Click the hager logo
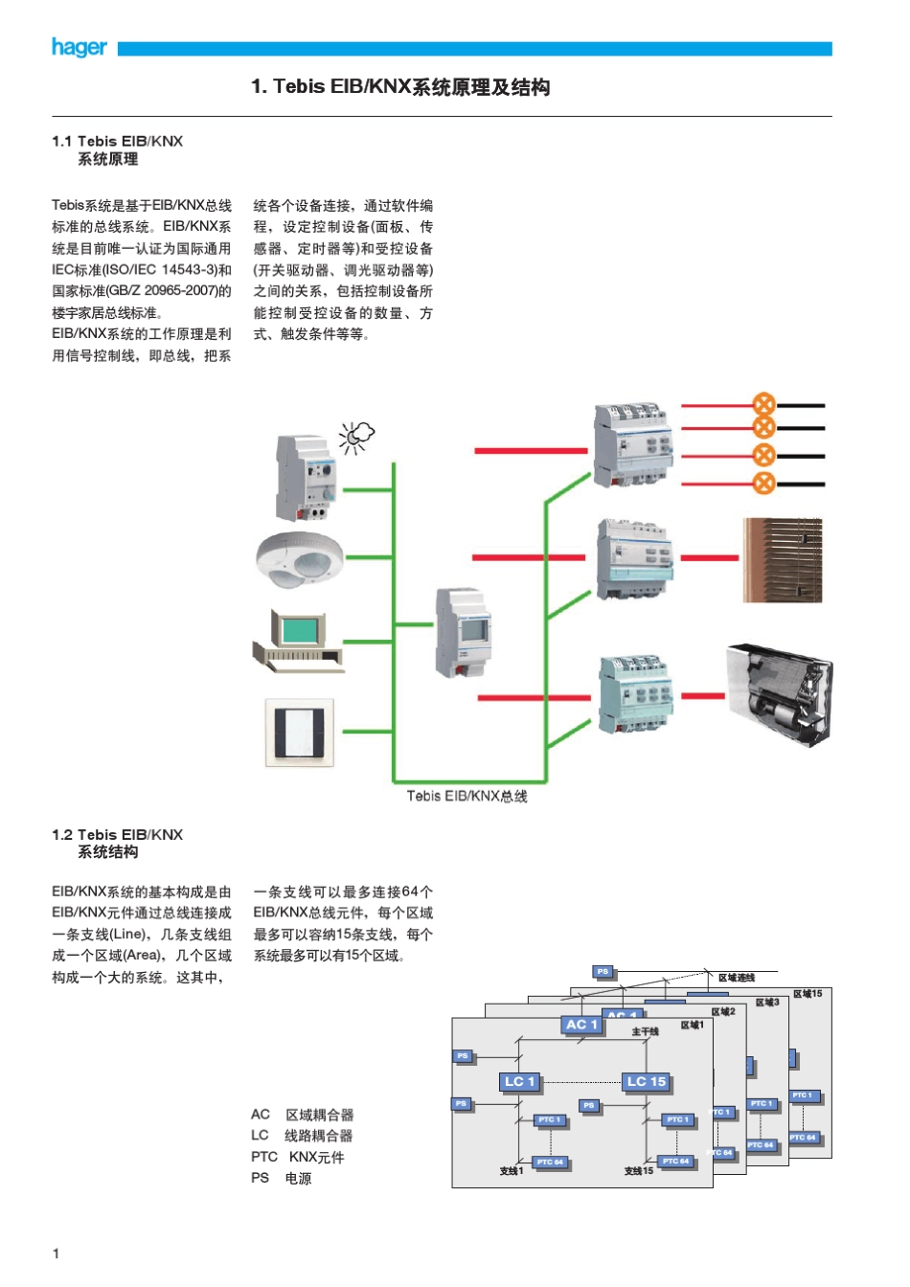pyautogui.click(x=79, y=47)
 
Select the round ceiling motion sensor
pyautogui.click(x=299, y=558)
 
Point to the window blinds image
pyautogui.click(x=783, y=560)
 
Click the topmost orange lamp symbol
pyautogui.click(x=763, y=403)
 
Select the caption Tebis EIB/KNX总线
pyautogui.click(x=466, y=796)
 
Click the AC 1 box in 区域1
pyautogui.click(x=581, y=1025)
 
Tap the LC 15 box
pyautogui.click(x=646, y=1082)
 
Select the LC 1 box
pyautogui.click(x=520, y=1082)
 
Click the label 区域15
pyautogui.click(x=807, y=994)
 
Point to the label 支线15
pyautogui.click(x=638, y=1171)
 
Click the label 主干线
pyautogui.click(x=645, y=1031)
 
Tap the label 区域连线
pyautogui.click(x=737, y=978)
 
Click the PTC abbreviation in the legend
pyautogui.click(x=263, y=1157)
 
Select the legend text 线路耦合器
pyautogui.click(x=319, y=1136)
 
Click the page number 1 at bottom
pyautogui.click(x=56, y=1253)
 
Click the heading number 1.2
pyautogui.click(x=62, y=835)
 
